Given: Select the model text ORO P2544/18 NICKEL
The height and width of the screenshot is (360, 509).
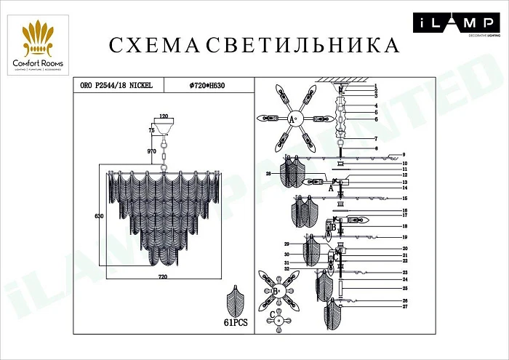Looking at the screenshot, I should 116,85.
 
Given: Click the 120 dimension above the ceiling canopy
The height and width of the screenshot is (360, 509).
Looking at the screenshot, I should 164,116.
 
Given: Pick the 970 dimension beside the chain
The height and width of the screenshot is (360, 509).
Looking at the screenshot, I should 152,151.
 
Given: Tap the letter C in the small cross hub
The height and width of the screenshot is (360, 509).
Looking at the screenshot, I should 271,316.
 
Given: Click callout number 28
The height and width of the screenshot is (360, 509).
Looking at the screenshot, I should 268,174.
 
